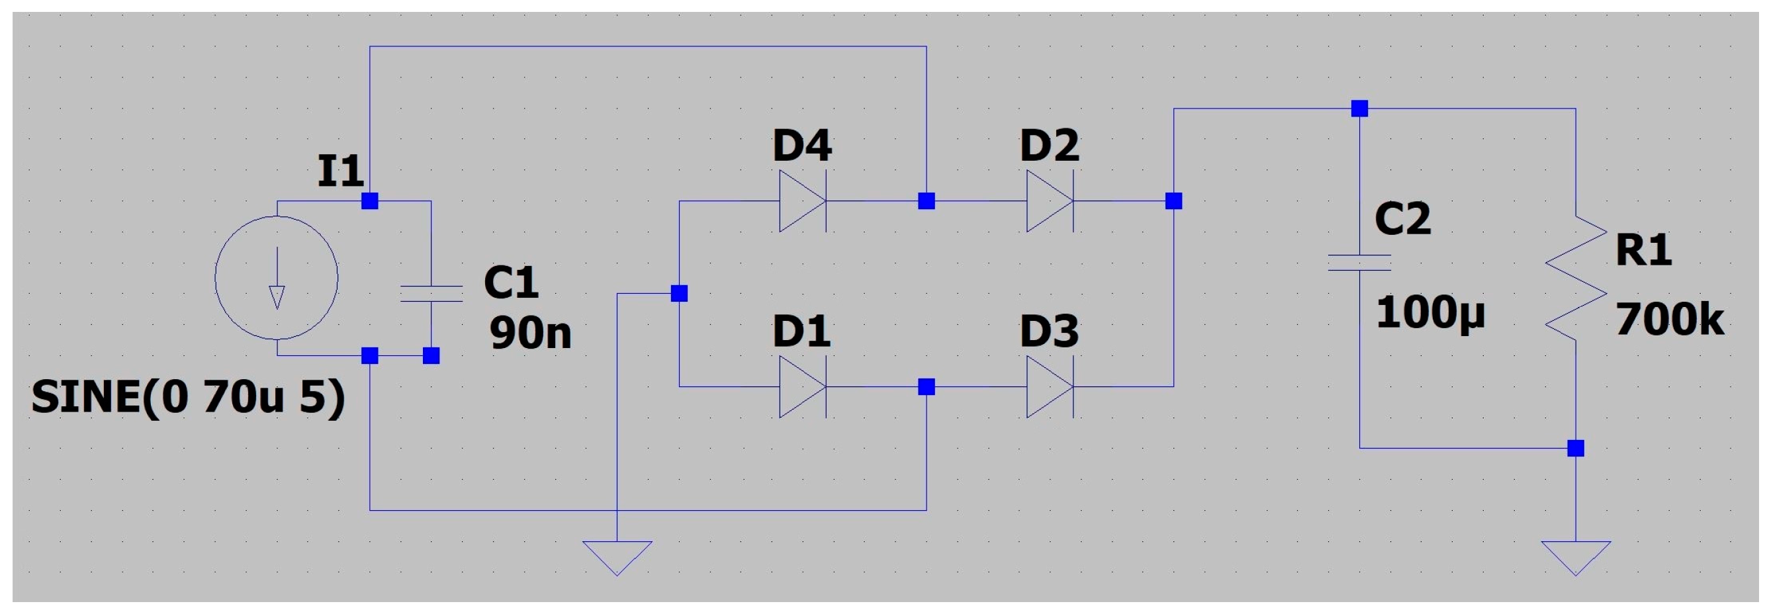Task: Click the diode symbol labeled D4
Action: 802,200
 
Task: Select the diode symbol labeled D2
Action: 1049,200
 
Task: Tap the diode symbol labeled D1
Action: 802,386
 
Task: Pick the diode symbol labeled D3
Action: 1049,386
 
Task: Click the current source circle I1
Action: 276,277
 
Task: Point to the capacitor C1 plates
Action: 431,293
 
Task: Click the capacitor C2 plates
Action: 1359,263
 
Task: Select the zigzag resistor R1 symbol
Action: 1576,277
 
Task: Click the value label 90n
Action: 530,333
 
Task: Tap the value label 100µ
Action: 1430,313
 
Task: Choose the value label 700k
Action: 1669,320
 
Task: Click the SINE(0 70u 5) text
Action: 188,398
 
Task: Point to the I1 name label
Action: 340,171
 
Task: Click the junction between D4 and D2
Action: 927,200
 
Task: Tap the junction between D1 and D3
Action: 927,386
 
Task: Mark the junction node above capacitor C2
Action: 1359,109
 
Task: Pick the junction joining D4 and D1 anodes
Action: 679,293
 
